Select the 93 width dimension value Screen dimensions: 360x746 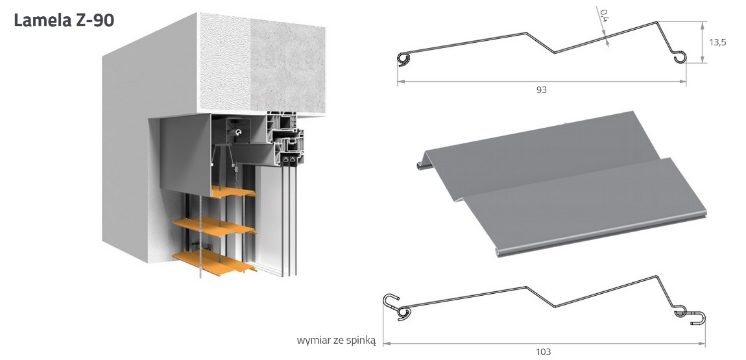(542, 90)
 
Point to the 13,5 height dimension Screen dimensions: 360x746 (717, 42)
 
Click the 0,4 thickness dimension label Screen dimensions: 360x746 (604, 14)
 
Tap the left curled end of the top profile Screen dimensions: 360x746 (403, 59)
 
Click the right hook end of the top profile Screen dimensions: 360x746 (680, 56)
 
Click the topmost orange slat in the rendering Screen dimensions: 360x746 (232, 192)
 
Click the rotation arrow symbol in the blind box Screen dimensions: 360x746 (240, 132)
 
